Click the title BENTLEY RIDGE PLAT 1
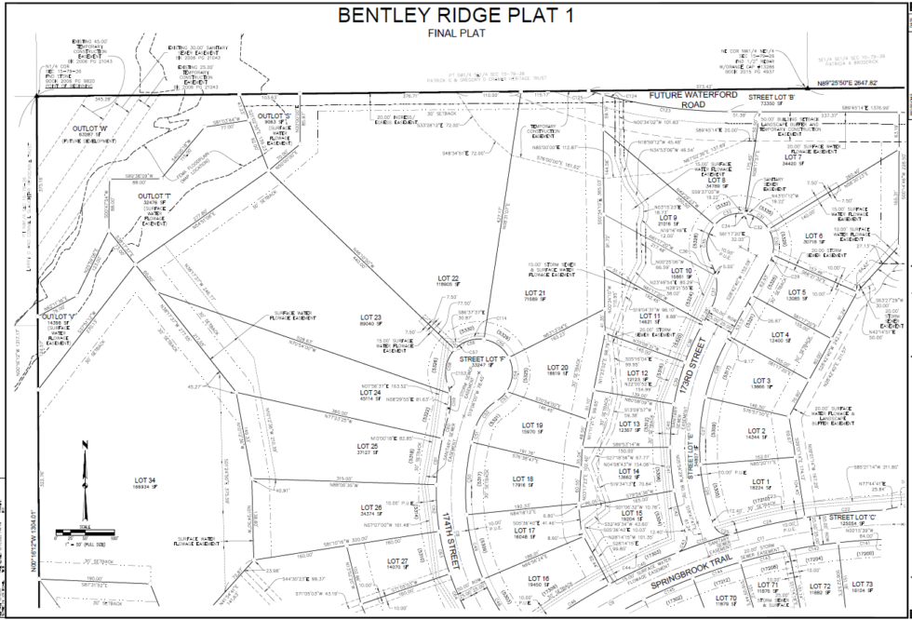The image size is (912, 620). [x=455, y=16]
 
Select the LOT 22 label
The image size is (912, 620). [x=449, y=279]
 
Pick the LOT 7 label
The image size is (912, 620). [x=792, y=157]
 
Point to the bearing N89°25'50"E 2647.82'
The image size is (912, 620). [x=836, y=85]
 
